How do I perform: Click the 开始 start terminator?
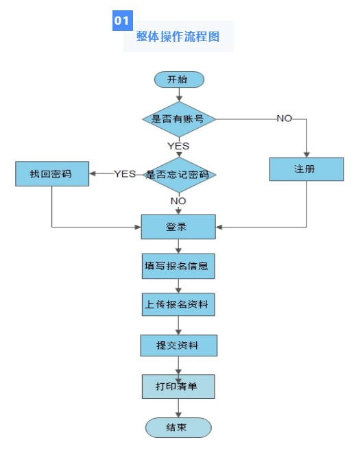pos(179,79)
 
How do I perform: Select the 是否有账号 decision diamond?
pos(179,119)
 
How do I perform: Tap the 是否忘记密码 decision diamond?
pos(178,174)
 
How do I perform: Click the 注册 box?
pos(305,169)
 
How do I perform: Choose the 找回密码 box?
pos(52,173)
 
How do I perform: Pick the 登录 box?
pos(178,227)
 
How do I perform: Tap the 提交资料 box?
pos(178,345)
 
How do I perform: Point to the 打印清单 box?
pos(178,387)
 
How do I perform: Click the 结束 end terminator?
pos(178,427)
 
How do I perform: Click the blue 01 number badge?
pos(122,21)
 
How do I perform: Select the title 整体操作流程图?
pos(178,37)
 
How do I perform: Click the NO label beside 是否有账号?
pos(284,119)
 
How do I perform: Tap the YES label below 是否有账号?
pos(178,146)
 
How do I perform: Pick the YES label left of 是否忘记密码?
pos(125,173)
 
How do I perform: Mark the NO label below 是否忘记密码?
pos(178,201)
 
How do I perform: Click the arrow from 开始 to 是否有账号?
pos(179,95)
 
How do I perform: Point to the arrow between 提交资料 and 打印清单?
pos(178,365)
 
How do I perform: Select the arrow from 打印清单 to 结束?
pos(178,408)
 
